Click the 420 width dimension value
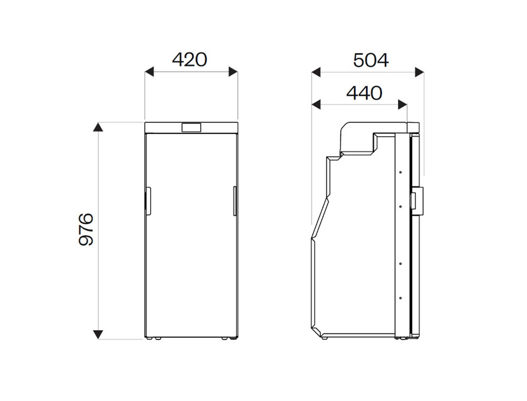point(190,60)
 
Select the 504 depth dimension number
point(370,61)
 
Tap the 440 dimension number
point(364,93)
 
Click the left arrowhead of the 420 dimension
point(149,72)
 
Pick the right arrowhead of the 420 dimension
point(233,72)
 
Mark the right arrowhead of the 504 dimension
point(419,72)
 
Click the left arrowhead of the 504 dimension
point(316,72)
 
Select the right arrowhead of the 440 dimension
point(402,104)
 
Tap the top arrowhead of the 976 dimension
point(98,127)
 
